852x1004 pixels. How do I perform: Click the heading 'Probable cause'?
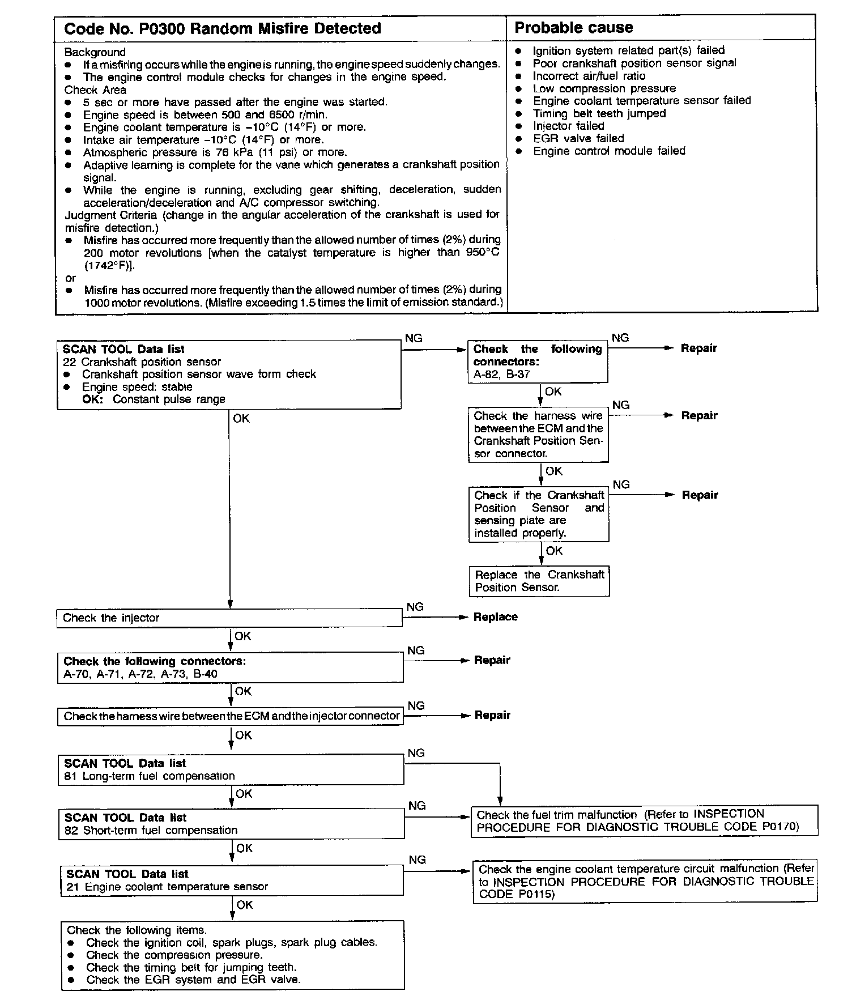[573, 28]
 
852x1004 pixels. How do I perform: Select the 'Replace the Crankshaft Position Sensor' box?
[539, 581]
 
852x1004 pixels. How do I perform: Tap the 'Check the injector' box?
[229, 618]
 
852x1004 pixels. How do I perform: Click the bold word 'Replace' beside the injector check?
[495, 617]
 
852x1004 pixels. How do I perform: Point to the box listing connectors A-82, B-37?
[537, 361]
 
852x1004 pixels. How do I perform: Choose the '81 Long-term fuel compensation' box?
[231, 769]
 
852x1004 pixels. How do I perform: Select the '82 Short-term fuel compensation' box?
[232, 824]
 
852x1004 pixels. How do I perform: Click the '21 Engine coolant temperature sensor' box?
[232, 880]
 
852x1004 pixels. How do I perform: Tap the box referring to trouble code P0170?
[644, 820]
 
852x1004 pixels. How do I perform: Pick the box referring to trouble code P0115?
[645, 881]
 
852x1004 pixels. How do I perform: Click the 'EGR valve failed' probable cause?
[578, 138]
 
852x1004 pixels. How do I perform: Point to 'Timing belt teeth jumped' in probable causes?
[599, 113]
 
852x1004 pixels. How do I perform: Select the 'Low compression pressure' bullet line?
[604, 88]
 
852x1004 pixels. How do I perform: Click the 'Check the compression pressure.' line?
[174, 955]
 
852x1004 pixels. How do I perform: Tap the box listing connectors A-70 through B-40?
[230, 667]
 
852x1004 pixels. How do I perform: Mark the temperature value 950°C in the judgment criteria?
[480, 253]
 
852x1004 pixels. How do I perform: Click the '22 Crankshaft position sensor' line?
[142, 361]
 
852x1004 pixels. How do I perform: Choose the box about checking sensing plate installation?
[539, 514]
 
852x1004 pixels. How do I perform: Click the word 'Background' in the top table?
[95, 52]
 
